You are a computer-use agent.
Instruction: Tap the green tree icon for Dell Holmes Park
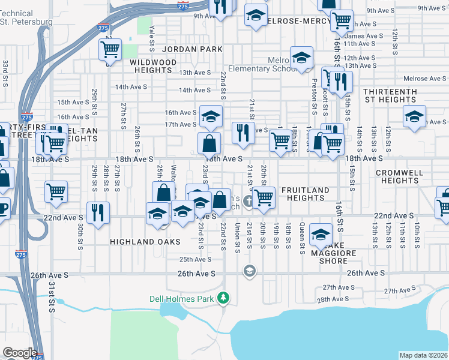224,298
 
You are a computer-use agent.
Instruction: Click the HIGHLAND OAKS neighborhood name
145,241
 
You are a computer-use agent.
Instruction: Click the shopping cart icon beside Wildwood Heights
110,51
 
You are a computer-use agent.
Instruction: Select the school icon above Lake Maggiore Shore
321,235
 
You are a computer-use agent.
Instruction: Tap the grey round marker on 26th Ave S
249,272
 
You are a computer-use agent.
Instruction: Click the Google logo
20,352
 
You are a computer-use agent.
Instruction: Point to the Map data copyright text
424,355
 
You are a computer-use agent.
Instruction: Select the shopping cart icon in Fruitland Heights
264,197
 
